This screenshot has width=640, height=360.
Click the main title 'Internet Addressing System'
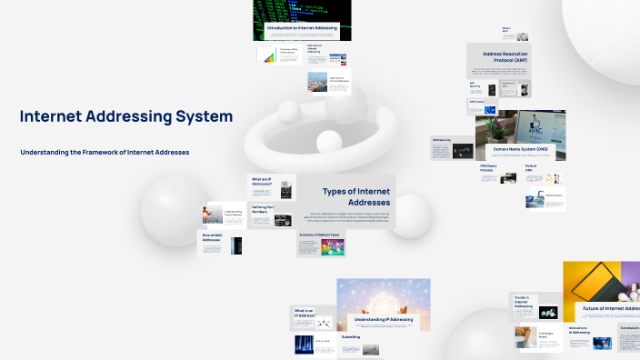point(125,117)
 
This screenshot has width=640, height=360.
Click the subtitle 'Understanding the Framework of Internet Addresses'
point(105,152)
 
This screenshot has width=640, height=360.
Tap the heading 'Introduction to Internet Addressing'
point(301,28)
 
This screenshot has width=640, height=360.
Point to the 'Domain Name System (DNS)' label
point(514,148)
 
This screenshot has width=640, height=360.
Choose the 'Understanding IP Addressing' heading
point(383,319)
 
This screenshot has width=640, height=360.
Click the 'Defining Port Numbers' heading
point(265,210)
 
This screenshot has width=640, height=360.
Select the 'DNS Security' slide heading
point(442,139)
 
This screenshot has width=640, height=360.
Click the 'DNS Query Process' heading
point(489,169)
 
